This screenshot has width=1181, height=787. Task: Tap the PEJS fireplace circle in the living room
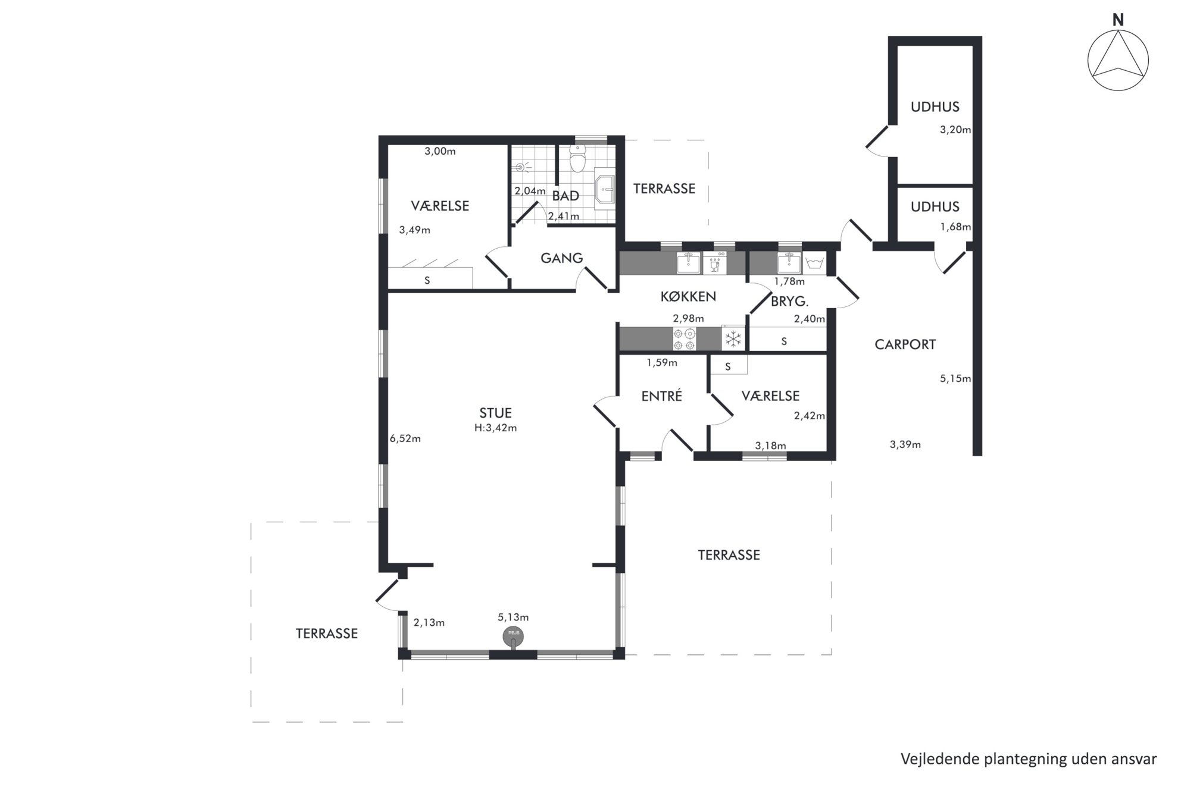click(x=513, y=637)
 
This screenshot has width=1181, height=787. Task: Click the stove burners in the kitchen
click(x=684, y=339)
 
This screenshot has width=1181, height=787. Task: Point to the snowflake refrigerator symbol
click(x=733, y=339)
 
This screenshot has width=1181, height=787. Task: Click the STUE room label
click(x=495, y=413)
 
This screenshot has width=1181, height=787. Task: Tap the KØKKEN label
click(x=688, y=296)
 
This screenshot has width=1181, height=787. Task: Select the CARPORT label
click(x=905, y=344)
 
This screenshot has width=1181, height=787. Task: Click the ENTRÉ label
click(x=661, y=396)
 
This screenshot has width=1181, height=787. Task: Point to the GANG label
click(x=561, y=258)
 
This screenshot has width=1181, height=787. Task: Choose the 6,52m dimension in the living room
click(x=405, y=439)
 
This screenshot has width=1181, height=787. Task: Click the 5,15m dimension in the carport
click(x=955, y=378)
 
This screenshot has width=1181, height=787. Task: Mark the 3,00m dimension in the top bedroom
click(x=440, y=151)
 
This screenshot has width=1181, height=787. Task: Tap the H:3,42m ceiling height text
click(x=495, y=428)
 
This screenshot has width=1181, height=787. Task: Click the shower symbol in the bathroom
click(x=522, y=167)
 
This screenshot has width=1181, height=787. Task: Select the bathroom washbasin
click(x=605, y=189)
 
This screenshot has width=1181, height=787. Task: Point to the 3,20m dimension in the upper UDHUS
click(x=955, y=130)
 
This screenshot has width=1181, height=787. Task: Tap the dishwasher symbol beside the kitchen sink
click(x=715, y=262)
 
